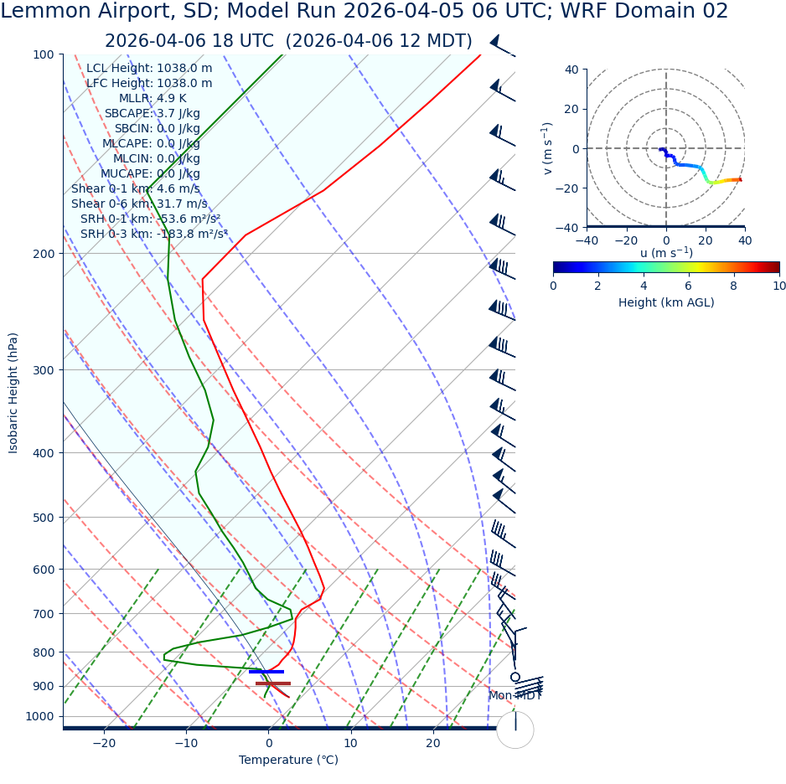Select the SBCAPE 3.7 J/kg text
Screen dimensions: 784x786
(152, 114)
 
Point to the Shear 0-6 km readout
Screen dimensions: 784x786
(139, 204)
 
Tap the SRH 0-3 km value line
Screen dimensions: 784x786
(154, 234)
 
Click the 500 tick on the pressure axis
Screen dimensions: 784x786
(43, 518)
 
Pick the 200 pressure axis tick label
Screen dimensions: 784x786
(43, 254)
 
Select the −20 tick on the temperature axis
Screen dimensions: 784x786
(103, 743)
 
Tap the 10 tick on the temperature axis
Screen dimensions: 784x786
(350, 743)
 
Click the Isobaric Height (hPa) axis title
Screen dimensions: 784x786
(13, 393)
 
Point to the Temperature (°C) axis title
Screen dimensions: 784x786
(288, 761)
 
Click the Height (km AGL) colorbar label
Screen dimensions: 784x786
(666, 302)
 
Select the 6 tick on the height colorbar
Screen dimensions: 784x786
(689, 286)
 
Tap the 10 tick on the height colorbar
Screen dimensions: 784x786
(779, 286)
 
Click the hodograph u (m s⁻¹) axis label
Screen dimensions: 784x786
(666, 253)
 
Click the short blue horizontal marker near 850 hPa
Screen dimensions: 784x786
(266, 672)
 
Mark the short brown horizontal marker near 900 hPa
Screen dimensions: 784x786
(273, 683)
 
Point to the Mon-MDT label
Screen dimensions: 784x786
(515, 696)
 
